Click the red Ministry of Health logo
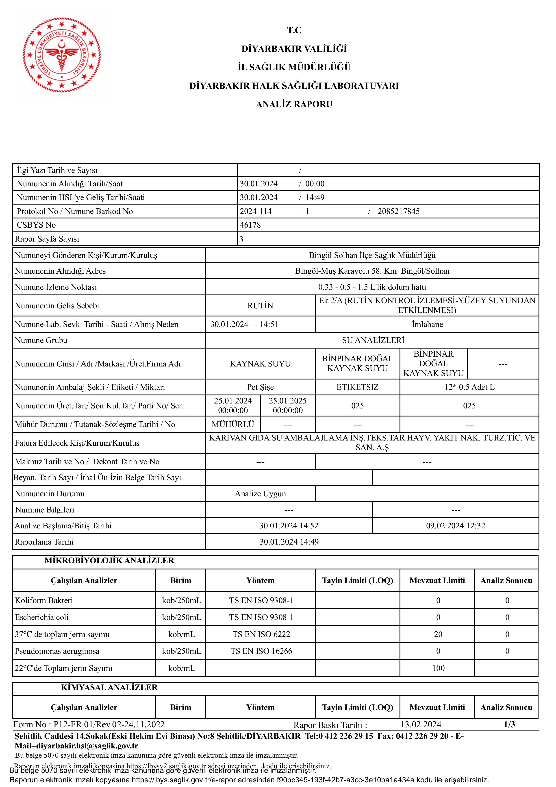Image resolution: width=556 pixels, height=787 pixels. pos(62,55)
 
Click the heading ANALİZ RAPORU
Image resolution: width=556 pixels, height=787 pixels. pos(294,104)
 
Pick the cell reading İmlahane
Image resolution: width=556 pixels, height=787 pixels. pos(427,324)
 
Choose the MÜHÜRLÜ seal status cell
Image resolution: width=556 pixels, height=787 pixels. pos(233,424)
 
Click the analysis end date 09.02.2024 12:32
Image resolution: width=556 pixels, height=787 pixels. pos(455,525)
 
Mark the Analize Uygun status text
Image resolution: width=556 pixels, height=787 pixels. pos(260,494)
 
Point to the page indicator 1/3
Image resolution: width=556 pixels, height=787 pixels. pos(509,724)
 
